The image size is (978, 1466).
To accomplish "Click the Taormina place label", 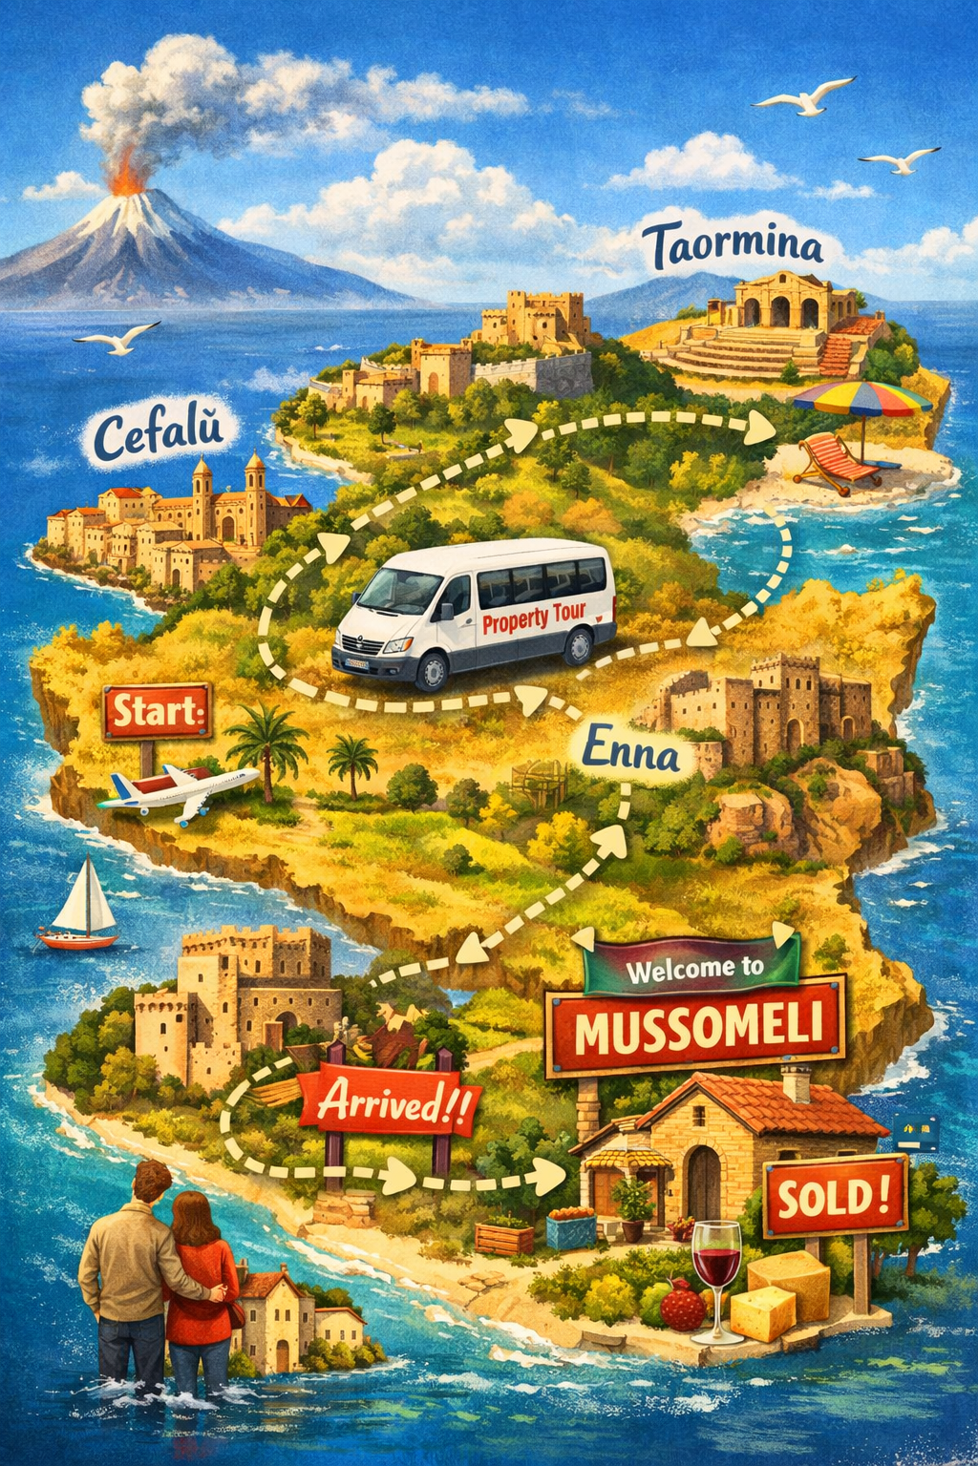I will [737, 245].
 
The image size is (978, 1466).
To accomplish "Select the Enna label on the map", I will [630, 751].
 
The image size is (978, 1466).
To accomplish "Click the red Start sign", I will [158, 711].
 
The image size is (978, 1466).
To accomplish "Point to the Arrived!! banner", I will [390, 1105].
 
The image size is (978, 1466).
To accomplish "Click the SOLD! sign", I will [835, 1195].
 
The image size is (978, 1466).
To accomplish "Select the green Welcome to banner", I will [694, 967].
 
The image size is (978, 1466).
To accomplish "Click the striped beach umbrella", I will [861, 398].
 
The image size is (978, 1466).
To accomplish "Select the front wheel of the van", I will [432, 670].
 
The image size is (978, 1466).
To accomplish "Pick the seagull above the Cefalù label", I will [117, 337].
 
